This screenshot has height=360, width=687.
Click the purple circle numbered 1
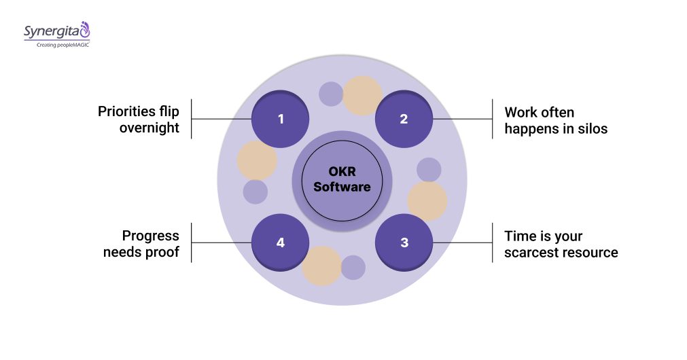point(280,119)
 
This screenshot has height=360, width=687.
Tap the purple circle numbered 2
point(404,119)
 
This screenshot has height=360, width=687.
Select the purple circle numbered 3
point(404,242)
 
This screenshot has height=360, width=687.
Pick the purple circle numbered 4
point(280,242)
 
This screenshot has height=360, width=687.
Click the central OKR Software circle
point(342,180)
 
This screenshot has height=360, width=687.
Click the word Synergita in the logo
point(51,31)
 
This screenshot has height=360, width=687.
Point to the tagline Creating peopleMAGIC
point(57,45)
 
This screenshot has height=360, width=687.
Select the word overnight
point(149,128)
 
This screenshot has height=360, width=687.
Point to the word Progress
point(150,236)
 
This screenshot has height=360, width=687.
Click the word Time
point(518,236)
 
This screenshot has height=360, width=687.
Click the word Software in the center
point(342,187)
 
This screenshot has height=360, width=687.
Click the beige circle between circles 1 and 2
point(362,96)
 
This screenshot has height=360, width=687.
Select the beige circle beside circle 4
point(321,266)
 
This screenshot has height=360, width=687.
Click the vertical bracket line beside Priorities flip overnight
point(191,119)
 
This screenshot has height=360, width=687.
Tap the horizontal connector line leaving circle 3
point(462,242)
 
